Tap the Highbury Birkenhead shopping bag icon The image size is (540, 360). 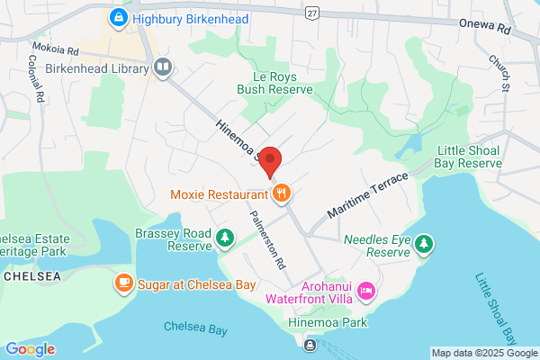[x=117, y=17]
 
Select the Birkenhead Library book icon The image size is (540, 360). [x=163, y=67]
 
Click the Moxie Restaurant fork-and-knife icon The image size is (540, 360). [x=283, y=193]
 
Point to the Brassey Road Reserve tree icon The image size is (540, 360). [x=224, y=238]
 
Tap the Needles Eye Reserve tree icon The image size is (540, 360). [x=424, y=243]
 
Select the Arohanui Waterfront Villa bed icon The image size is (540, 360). [x=366, y=290]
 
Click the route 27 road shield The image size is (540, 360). [x=312, y=13]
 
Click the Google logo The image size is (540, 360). [x=30, y=349]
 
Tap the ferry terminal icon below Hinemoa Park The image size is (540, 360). [x=310, y=344]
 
